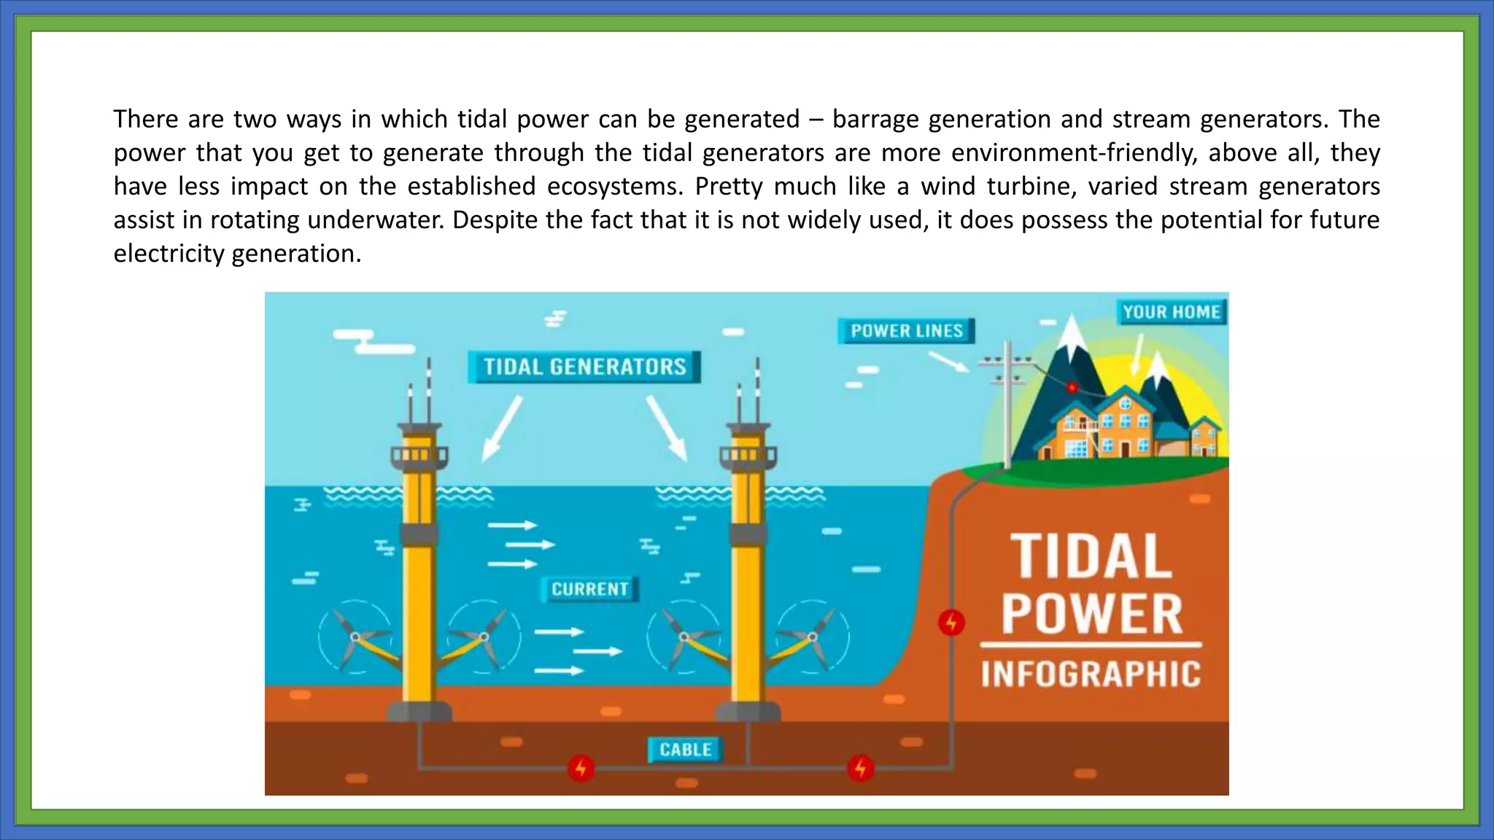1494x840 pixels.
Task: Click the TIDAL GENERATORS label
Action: [x=584, y=367]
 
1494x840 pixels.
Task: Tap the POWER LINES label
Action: [x=906, y=331]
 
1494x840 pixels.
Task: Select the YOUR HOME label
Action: [x=1171, y=312]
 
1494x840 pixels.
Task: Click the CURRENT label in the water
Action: [x=589, y=589]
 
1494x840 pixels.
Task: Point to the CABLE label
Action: [x=685, y=750]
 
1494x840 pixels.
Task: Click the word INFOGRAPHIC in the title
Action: [x=1090, y=674]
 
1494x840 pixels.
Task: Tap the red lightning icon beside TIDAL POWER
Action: [x=951, y=623]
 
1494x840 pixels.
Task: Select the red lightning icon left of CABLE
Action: [x=581, y=768]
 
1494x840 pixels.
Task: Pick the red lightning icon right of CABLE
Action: [x=861, y=768]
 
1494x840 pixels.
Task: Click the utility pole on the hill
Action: [x=1007, y=408]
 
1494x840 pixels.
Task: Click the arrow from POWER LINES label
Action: [x=948, y=362]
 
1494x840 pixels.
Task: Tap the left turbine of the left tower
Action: [x=355, y=637]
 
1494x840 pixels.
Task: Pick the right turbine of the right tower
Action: [x=812, y=637]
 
